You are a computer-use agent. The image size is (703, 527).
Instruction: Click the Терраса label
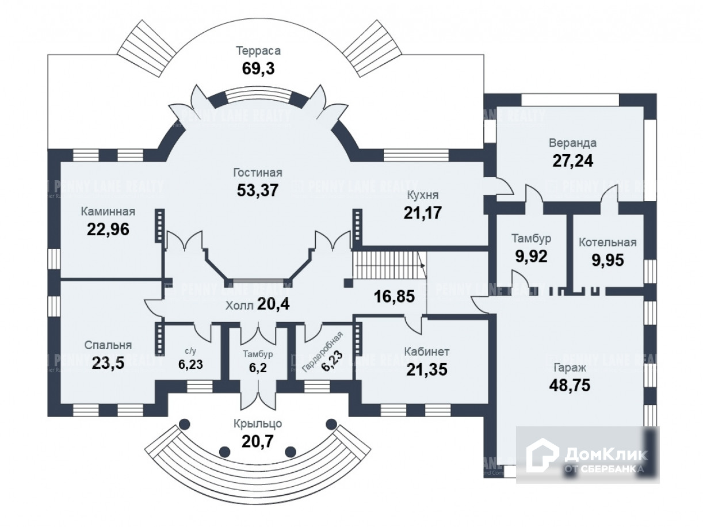(x=258, y=51)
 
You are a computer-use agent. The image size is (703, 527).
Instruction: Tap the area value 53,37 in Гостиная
(x=257, y=189)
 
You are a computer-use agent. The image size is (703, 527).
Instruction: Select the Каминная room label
(x=108, y=211)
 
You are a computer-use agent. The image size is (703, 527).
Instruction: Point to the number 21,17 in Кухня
(x=422, y=212)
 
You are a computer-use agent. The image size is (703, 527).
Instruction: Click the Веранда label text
(x=572, y=143)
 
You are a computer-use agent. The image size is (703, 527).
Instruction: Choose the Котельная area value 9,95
(x=608, y=259)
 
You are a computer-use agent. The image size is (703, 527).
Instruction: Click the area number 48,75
(x=570, y=384)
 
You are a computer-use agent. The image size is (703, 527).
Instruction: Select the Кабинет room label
(x=426, y=352)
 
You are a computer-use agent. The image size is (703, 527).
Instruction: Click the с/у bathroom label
(x=190, y=350)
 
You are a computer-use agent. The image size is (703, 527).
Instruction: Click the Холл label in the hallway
(x=239, y=305)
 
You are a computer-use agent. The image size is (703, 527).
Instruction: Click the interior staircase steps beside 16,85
(x=387, y=267)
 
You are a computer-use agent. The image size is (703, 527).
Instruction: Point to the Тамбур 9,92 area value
(x=531, y=255)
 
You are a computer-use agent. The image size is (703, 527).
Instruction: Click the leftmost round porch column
(x=184, y=424)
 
